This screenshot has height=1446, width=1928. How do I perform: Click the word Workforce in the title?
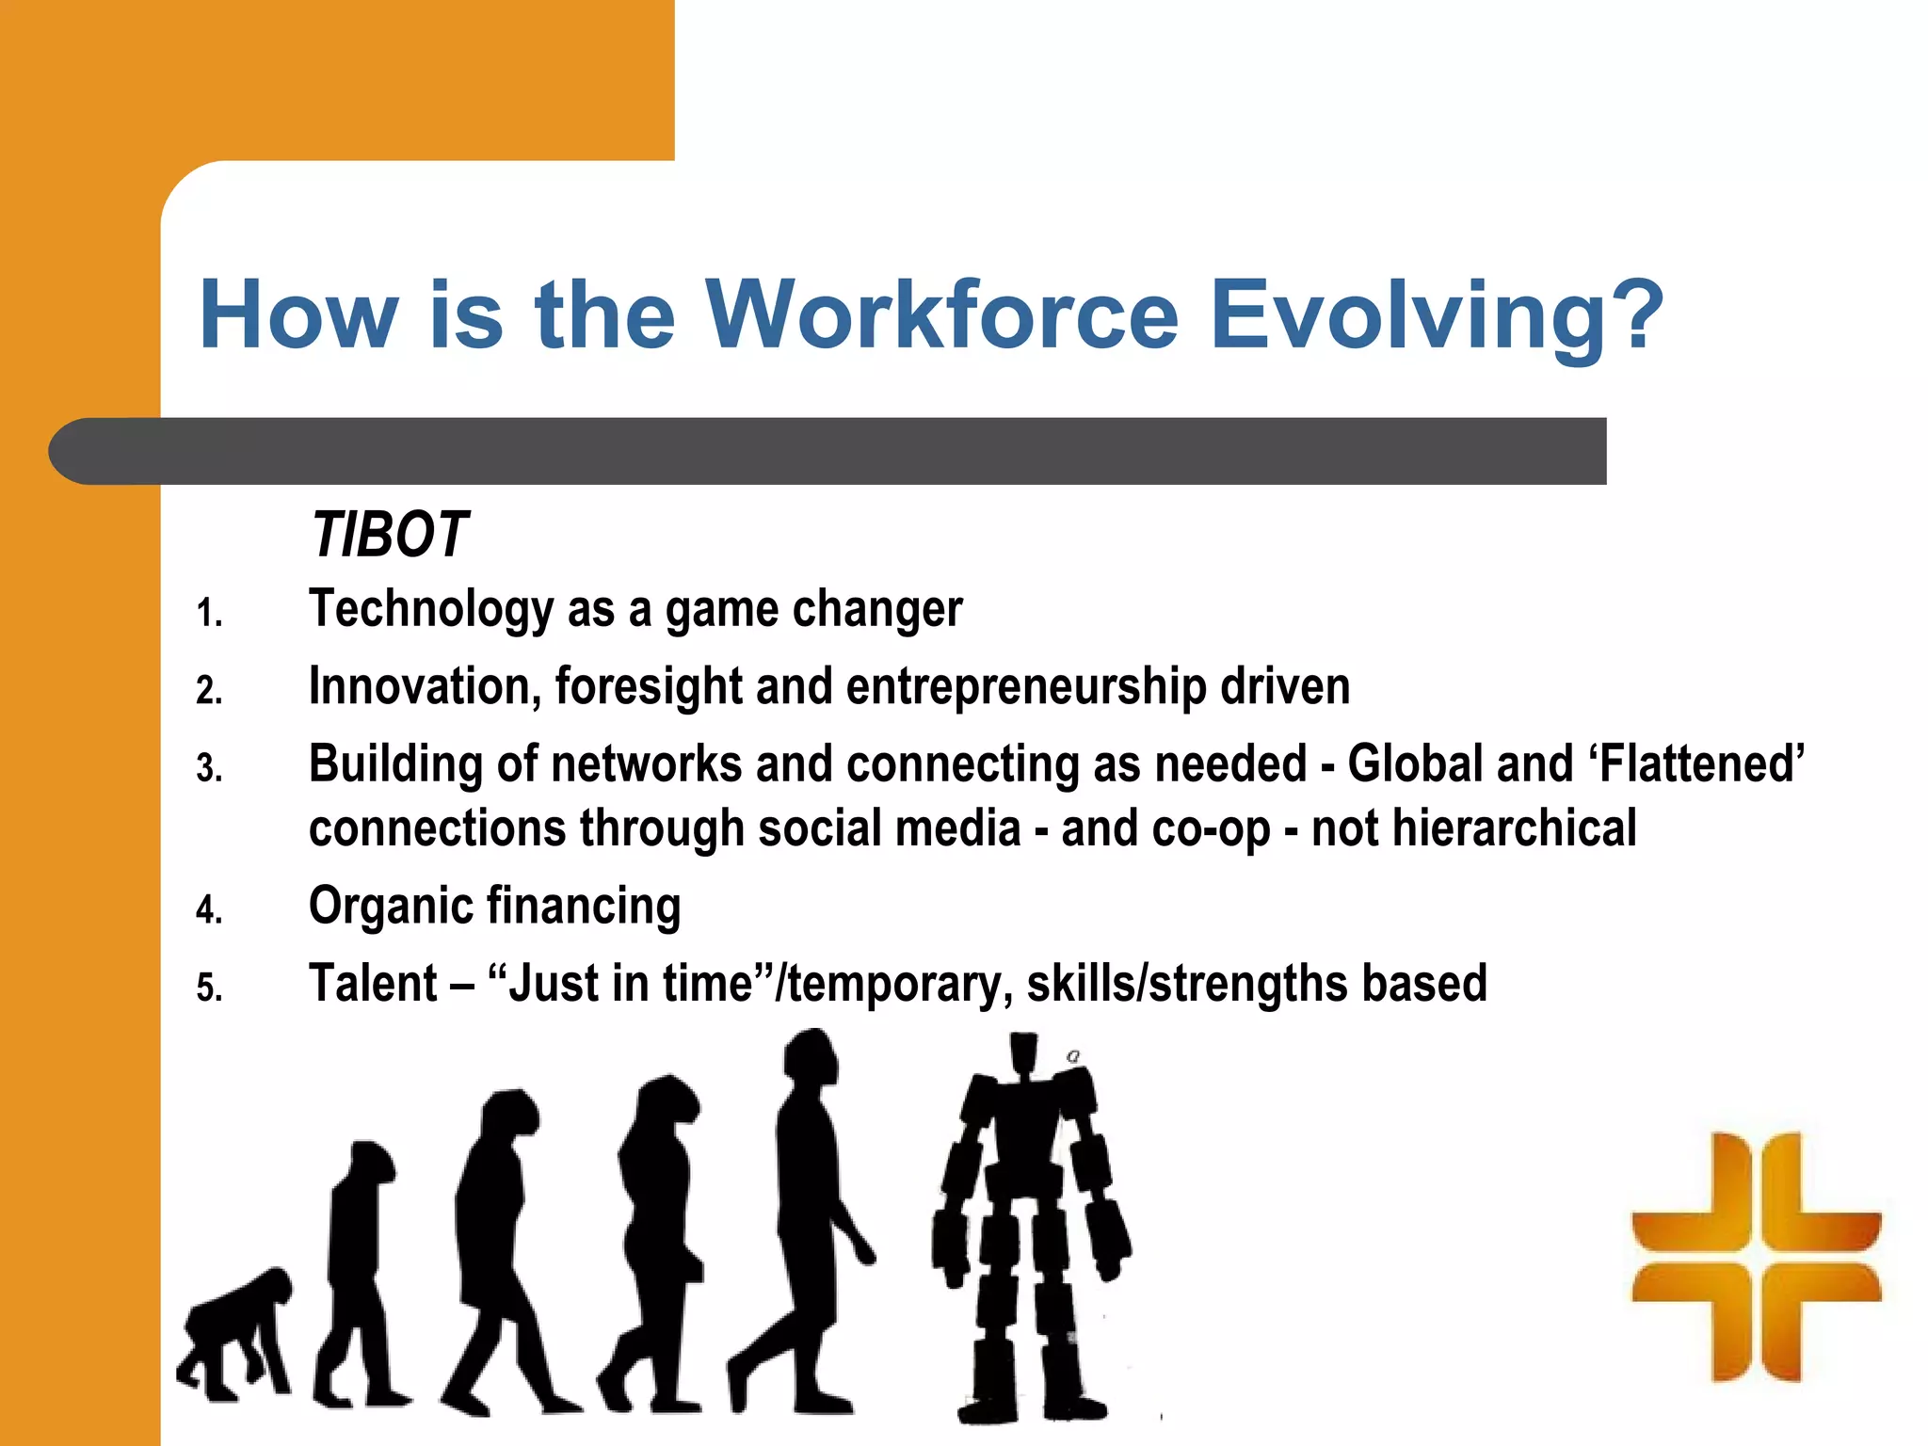click(941, 315)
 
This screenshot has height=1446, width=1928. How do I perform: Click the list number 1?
click(209, 614)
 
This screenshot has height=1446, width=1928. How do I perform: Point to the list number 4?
click(209, 910)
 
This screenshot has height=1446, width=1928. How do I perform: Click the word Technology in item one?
click(431, 609)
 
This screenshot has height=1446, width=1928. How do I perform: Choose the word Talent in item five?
click(373, 984)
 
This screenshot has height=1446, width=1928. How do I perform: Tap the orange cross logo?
click(1756, 1257)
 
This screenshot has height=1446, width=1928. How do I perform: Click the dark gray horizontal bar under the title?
click(828, 451)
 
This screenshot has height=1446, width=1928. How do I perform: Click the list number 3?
click(209, 769)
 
